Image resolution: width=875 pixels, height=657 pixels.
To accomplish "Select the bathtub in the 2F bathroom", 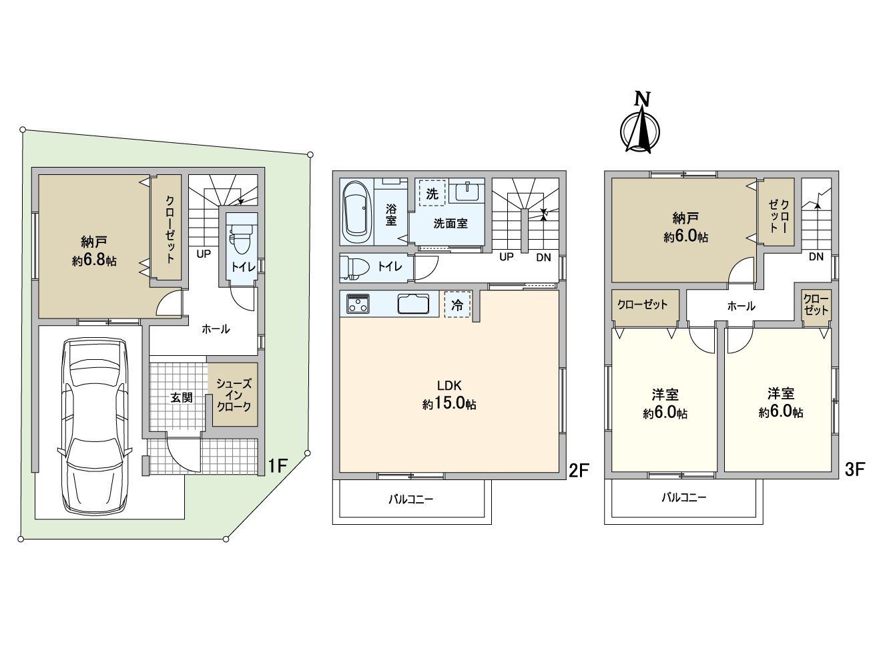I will click(355, 212).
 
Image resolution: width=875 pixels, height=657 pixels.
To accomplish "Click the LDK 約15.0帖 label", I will click(449, 395).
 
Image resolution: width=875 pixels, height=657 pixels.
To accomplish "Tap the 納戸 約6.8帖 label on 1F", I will click(94, 251).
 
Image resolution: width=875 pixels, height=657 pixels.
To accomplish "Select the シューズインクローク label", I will click(234, 395).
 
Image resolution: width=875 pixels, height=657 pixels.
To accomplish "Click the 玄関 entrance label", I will click(181, 397).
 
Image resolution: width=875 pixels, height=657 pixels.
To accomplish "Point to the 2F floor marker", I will click(578, 470).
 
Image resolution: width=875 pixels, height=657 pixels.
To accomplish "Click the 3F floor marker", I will click(854, 469).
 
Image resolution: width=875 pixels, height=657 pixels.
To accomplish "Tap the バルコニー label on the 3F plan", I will click(683, 497).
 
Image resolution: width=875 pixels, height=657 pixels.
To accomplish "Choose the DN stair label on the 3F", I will click(815, 256).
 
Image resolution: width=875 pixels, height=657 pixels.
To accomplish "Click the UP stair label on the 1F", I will click(204, 254).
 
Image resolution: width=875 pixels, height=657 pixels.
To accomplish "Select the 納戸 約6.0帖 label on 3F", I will click(685, 227).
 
